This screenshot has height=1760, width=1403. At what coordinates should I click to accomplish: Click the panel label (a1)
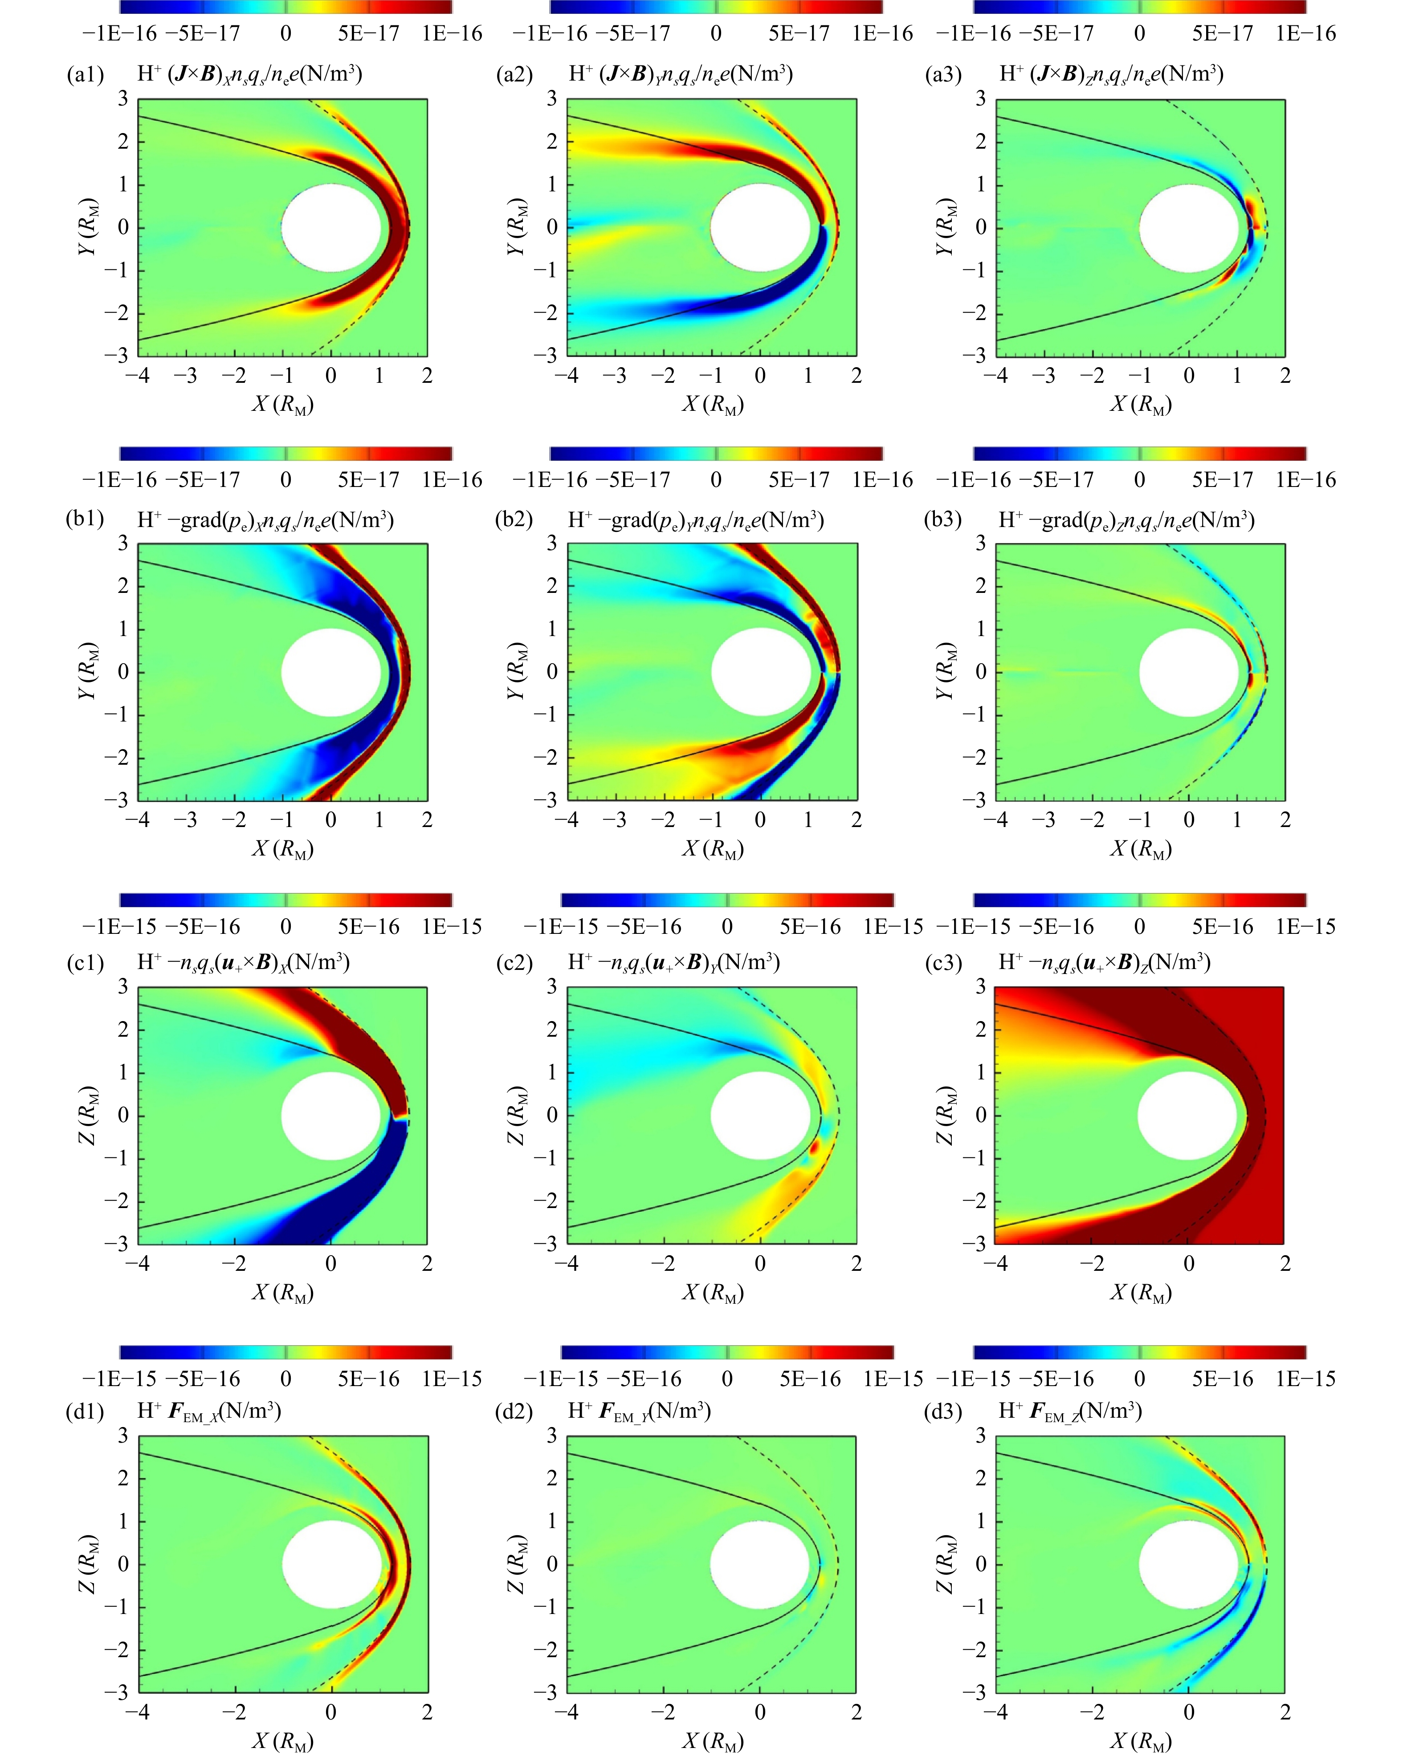click(x=85, y=75)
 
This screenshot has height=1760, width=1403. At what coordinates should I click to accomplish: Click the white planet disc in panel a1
click(x=331, y=228)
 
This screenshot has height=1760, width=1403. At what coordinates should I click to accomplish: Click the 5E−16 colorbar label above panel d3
click(x=1222, y=1379)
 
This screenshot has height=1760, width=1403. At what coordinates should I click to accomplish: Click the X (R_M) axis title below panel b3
click(x=1140, y=849)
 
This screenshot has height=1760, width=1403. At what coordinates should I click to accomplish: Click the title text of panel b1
click(x=265, y=520)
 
